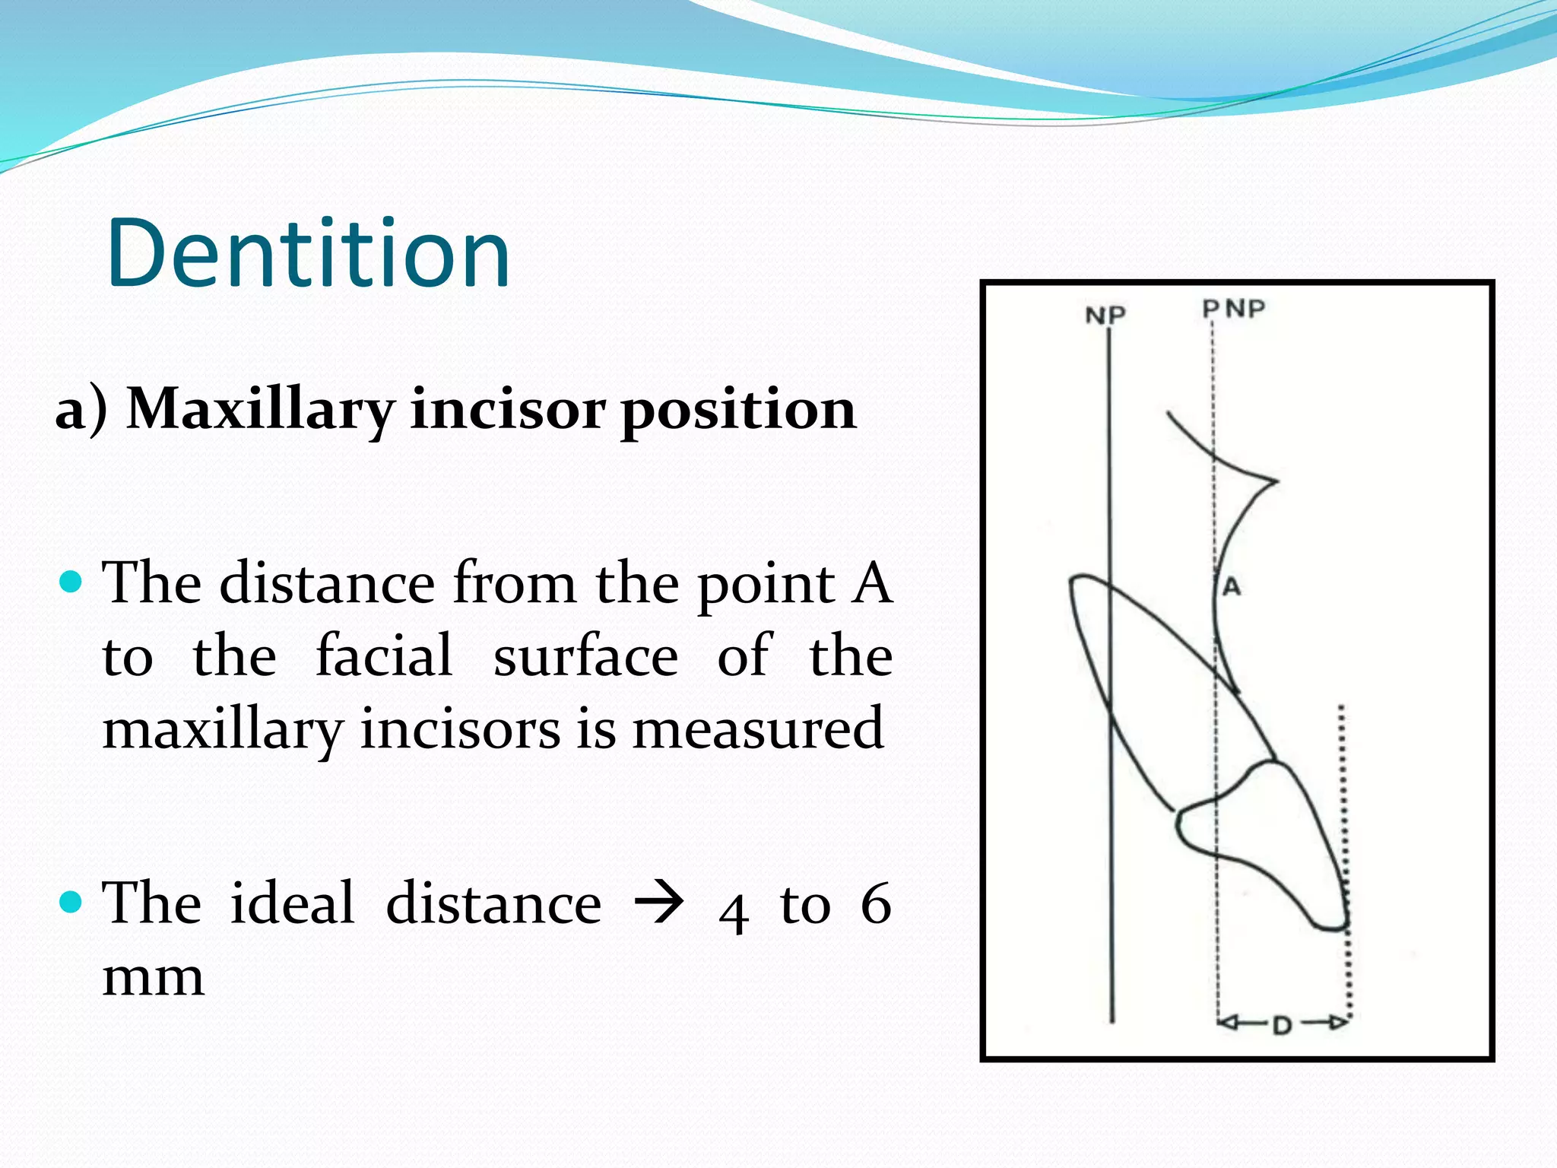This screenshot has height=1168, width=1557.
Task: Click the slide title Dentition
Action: (308, 253)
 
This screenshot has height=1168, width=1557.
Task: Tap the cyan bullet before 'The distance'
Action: (70, 582)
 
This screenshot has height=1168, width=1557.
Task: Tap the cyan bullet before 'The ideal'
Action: (70, 903)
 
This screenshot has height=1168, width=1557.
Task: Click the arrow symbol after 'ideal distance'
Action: (659, 903)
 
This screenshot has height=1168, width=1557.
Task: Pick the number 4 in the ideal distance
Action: (733, 912)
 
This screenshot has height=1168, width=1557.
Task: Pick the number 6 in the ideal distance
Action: (875, 904)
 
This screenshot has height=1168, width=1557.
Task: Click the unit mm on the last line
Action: (153, 979)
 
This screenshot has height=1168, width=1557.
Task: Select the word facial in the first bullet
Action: (384, 655)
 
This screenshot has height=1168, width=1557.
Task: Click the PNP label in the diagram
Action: (1233, 309)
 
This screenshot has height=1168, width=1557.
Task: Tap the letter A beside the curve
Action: (1232, 586)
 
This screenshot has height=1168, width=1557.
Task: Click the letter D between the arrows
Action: (1282, 1026)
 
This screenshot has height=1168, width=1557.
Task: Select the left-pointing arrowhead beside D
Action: (1229, 1023)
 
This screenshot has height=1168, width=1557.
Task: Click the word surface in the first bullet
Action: (585, 655)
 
